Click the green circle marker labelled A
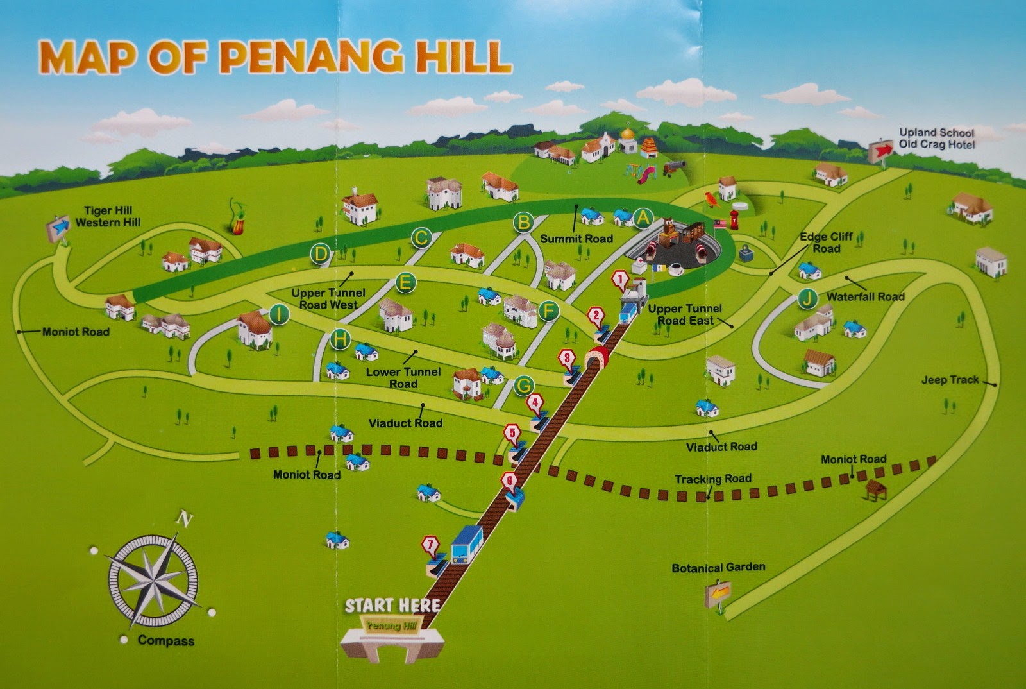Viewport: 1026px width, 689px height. click(643, 219)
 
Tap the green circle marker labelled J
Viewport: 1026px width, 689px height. click(809, 298)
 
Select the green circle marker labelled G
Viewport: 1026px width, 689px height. click(525, 386)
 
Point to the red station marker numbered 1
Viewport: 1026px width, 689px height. click(619, 279)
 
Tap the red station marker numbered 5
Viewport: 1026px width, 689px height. click(512, 433)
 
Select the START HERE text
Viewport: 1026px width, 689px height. click(392, 605)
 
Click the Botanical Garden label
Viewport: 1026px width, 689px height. click(718, 568)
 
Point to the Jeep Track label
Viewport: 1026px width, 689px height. click(950, 380)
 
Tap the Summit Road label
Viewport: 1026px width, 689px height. click(576, 239)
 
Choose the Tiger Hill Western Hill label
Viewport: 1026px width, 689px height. click(108, 217)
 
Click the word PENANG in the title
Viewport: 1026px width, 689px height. click(312, 58)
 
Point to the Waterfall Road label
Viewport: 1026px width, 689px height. click(865, 296)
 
